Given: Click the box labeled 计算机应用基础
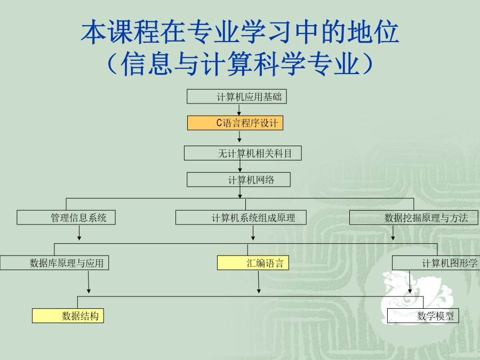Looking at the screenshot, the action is coord(237,97).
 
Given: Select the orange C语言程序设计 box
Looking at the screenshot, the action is coord(235,123).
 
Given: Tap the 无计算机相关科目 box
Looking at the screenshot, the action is coord(243,153).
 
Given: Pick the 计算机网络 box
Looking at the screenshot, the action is coord(238,180).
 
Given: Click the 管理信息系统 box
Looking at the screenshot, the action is coord(66,218).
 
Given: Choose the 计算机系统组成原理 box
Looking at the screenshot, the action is coord(241,218).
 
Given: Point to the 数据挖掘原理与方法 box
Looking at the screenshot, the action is coord(414,218).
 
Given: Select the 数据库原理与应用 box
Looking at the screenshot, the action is coord(54,262).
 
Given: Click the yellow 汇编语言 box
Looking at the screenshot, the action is coord(253,262).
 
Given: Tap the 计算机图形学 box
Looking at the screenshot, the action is coord(436,262).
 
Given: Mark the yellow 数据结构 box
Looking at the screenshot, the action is coord(68,316).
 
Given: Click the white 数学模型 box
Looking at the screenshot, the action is coord(423,316).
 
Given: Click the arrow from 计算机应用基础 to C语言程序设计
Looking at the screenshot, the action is coord(239,110).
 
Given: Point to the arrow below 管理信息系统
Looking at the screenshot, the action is coord(79,233).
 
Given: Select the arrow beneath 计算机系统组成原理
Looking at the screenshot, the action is coord(253,233).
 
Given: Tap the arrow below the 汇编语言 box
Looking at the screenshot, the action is coord(259,282).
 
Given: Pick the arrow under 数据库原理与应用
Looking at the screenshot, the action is coord(89,282).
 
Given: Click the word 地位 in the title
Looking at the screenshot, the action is coord(373,32).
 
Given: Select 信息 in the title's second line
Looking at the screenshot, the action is coord(146,63).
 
